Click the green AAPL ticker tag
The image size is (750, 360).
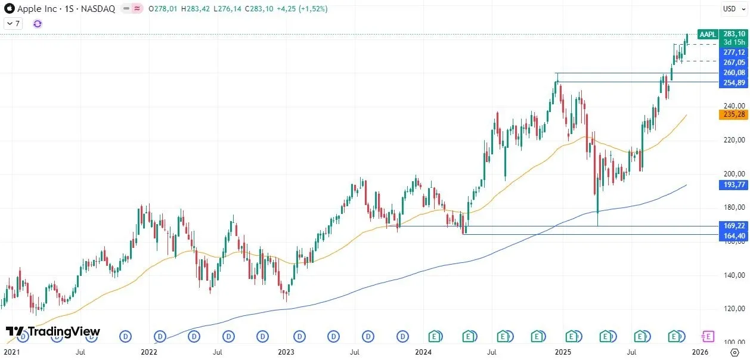click(708, 35)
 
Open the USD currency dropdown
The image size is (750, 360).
click(732, 9)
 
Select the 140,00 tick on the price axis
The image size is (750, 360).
click(733, 275)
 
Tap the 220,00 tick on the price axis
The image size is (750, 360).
click(733, 140)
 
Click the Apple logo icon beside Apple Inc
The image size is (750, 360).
click(9, 9)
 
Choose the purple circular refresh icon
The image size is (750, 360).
click(38, 24)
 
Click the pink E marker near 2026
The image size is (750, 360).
click(708, 337)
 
